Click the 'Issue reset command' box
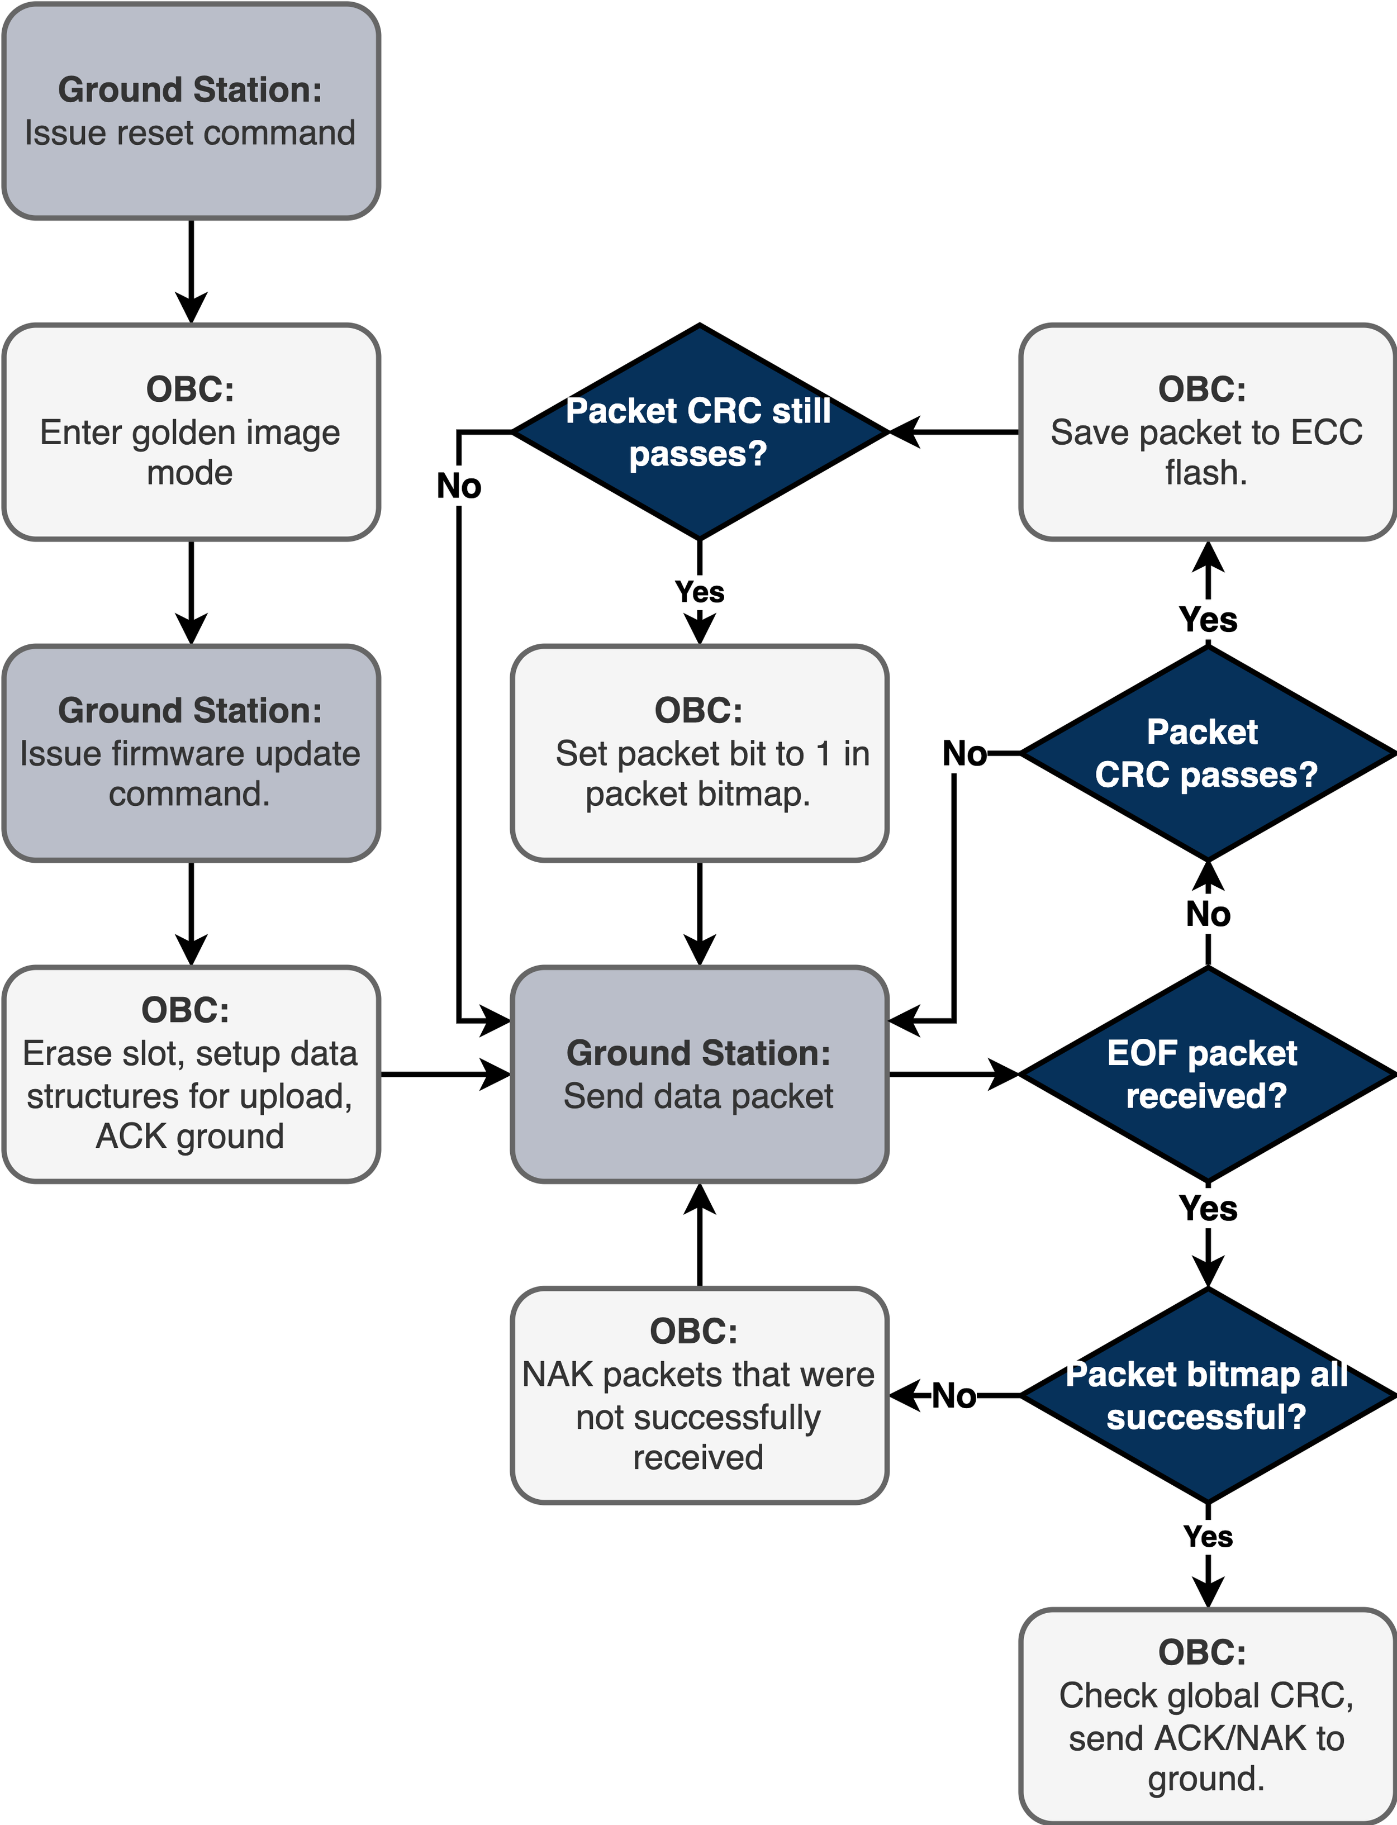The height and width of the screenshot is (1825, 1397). [x=191, y=111]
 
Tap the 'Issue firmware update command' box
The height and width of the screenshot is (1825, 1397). [x=191, y=753]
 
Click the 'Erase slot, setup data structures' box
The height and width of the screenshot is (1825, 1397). [x=191, y=1073]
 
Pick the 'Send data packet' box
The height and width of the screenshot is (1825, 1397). [x=698, y=1073]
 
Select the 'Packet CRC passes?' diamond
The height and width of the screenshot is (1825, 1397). [x=1206, y=753]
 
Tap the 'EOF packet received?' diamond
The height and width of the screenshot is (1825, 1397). [x=1206, y=1073]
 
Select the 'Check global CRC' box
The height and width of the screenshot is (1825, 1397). [x=1206, y=1715]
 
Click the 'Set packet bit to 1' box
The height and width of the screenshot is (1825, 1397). [x=698, y=753]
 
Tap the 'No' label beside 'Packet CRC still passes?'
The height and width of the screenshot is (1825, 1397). [x=459, y=486]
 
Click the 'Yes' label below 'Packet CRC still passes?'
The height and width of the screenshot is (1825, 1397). [x=699, y=592]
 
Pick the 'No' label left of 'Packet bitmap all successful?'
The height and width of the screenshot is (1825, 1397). [x=954, y=1396]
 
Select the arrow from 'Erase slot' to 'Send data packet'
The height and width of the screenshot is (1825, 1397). [x=445, y=1074]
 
